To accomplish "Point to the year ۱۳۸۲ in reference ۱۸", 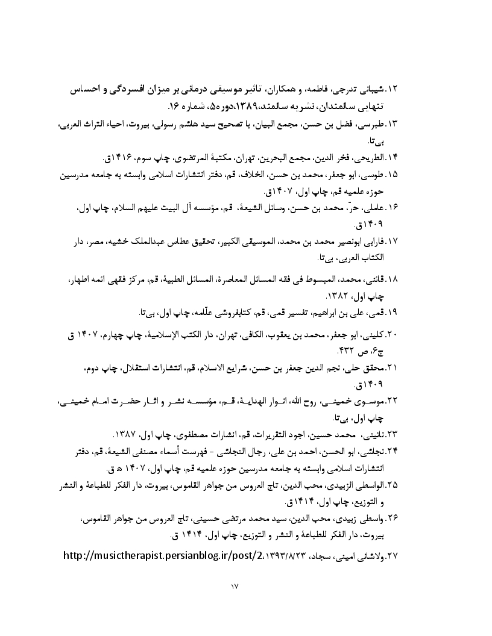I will [x=337, y=296].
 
